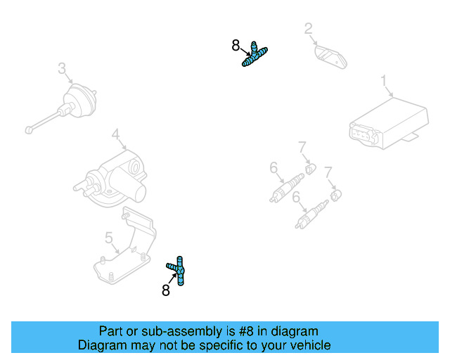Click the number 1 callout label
(385, 82)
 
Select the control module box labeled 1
(389, 123)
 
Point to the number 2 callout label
(308, 28)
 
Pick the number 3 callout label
(62, 68)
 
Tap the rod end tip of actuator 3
(27, 129)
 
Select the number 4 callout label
(115, 134)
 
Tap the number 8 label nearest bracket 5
(166, 290)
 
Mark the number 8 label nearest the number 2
(236, 46)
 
